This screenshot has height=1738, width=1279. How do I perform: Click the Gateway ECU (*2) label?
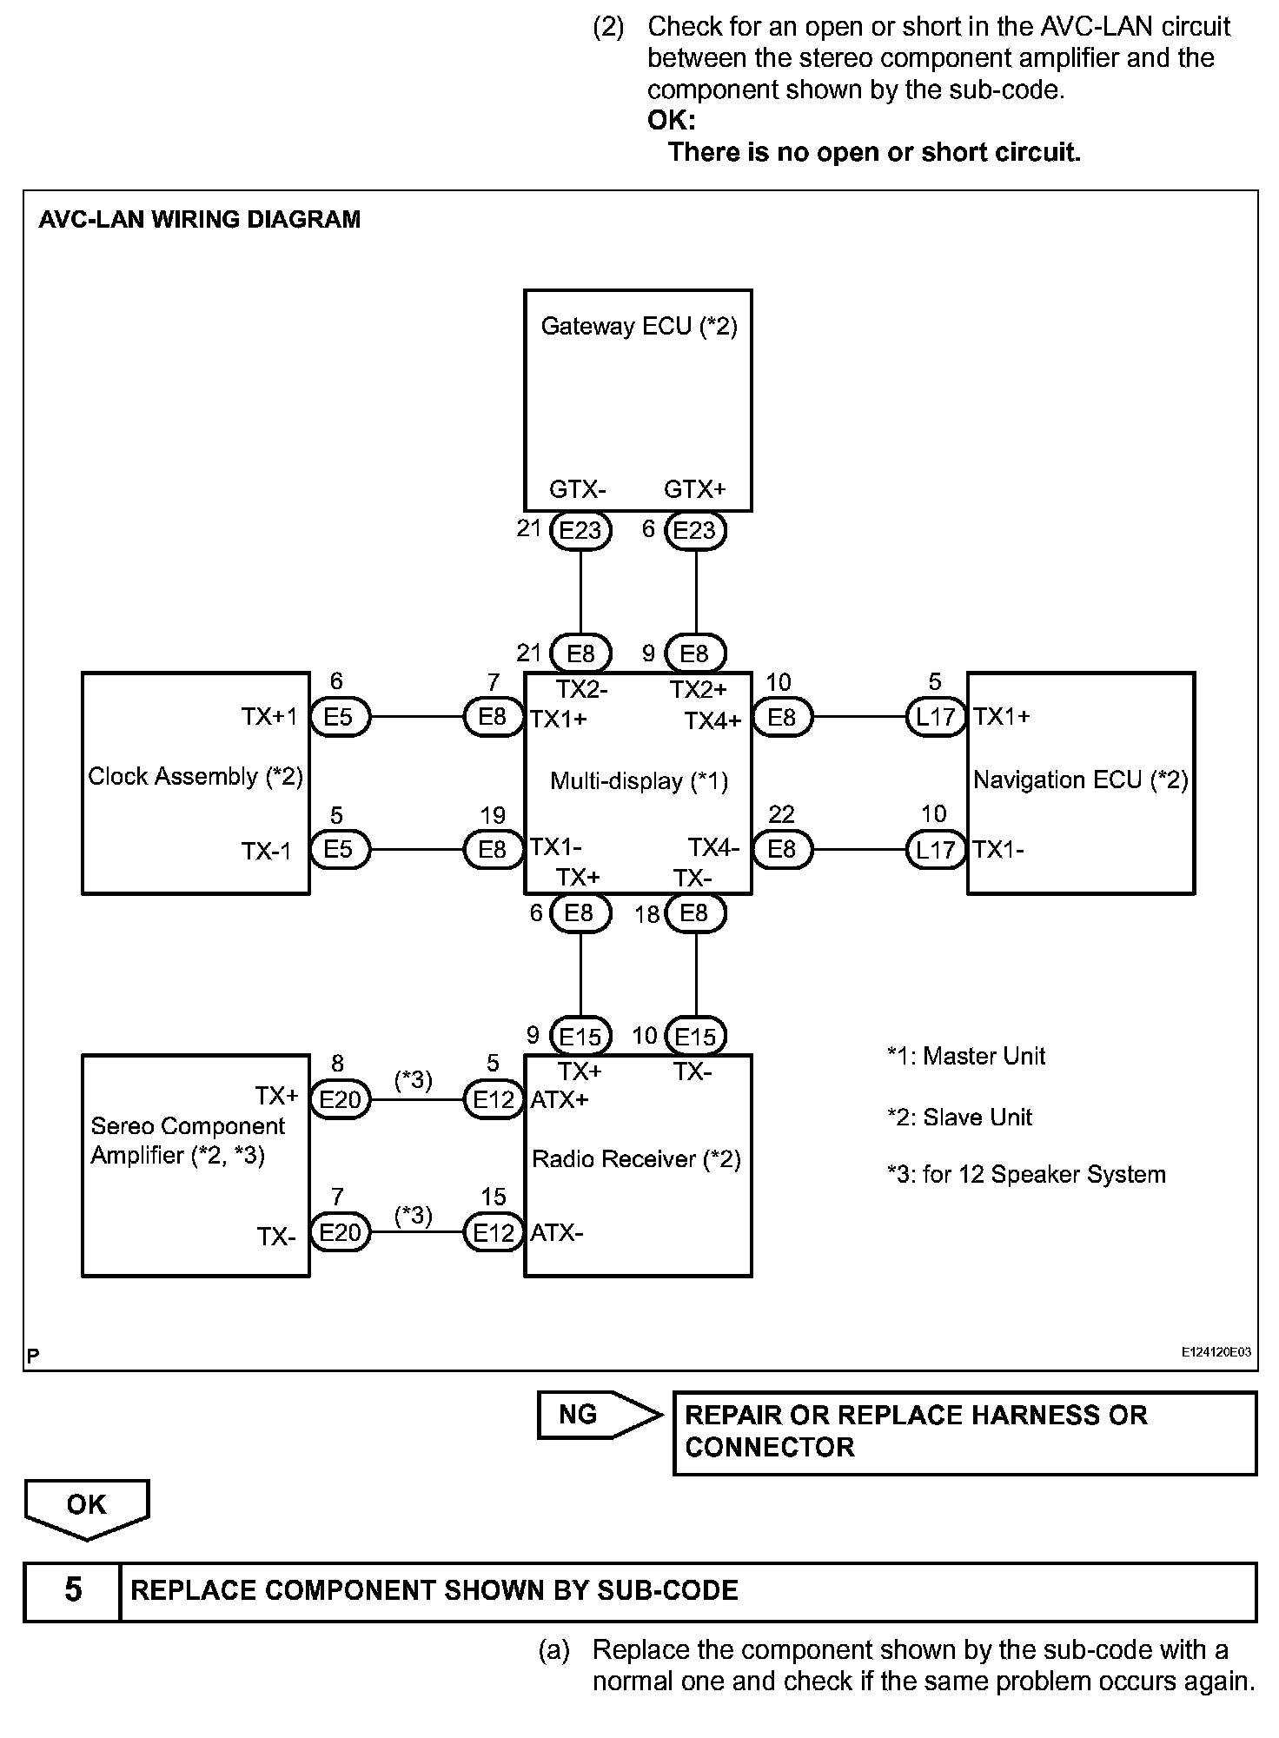click(x=639, y=326)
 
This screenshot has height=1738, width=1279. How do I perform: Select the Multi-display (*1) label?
click(x=639, y=780)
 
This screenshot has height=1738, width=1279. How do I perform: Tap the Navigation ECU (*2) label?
click(x=1080, y=779)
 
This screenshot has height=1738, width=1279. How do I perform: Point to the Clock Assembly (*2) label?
click(x=195, y=776)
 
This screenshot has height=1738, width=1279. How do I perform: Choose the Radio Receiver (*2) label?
click(x=636, y=1158)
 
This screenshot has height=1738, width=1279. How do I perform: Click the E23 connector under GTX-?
click(x=580, y=530)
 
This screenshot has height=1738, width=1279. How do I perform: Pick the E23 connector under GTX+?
click(x=694, y=530)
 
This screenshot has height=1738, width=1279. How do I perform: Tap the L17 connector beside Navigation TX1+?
click(x=936, y=717)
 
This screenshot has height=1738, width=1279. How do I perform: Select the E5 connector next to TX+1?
click(x=339, y=717)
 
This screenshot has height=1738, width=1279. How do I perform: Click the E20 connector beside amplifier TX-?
click(x=340, y=1232)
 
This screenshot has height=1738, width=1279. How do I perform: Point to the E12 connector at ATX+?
click(x=494, y=1100)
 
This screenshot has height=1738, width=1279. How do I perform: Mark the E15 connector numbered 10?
click(x=695, y=1036)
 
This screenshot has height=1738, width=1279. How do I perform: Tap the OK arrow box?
click(x=87, y=1505)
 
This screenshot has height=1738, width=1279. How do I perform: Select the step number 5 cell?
click(x=73, y=1589)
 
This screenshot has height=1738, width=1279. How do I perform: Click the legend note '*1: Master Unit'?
click(x=966, y=1056)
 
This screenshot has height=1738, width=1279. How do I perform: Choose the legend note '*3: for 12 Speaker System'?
click(x=1026, y=1174)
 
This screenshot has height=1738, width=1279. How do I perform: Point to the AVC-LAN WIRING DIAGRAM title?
click(x=200, y=219)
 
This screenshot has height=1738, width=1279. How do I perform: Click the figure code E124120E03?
click(x=1216, y=1352)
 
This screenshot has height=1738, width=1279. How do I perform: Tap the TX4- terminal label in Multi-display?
click(x=713, y=847)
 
